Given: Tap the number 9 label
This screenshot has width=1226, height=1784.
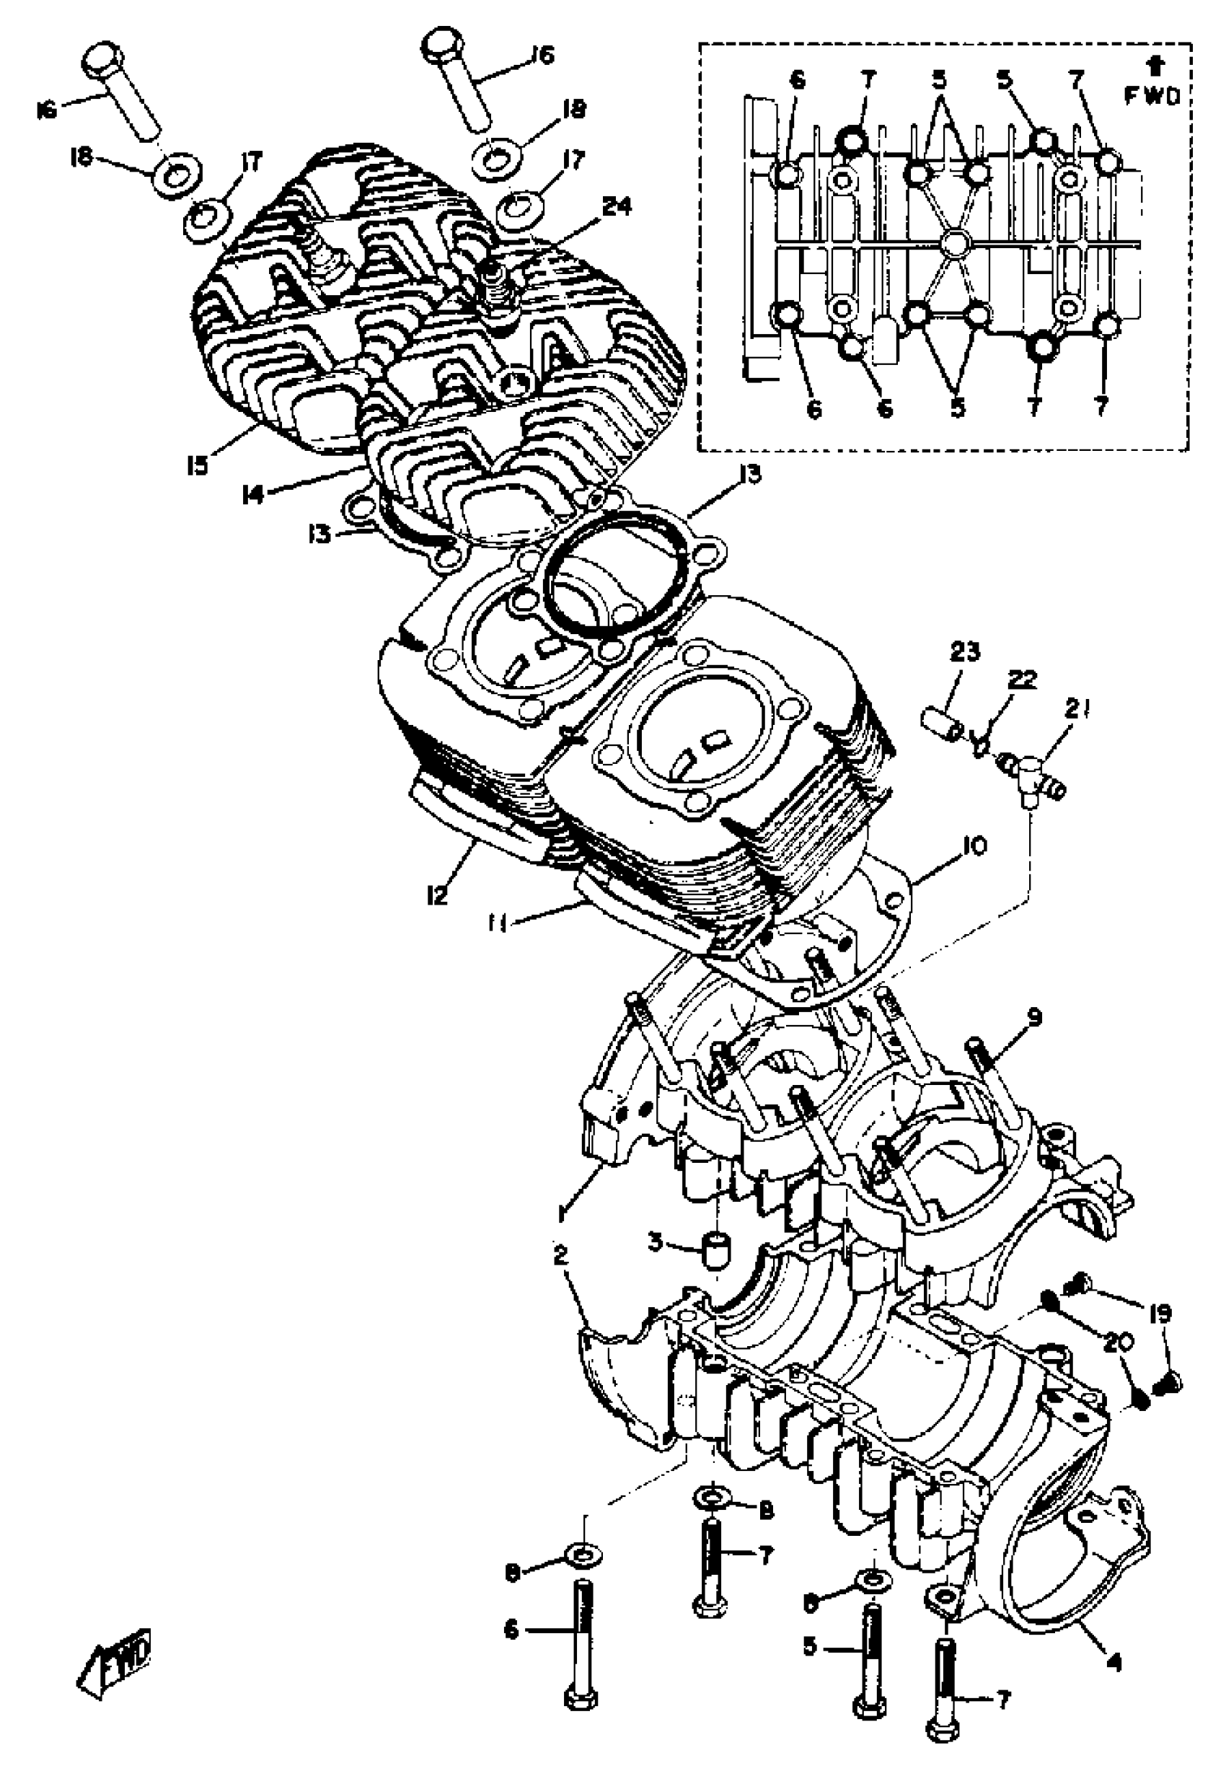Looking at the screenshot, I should tap(1035, 1018).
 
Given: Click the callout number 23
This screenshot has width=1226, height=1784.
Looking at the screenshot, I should tap(965, 653).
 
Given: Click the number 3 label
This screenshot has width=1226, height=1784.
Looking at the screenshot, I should tap(655, 1242).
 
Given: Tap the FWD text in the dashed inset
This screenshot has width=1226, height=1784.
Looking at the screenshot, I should tap(1152, 96).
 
